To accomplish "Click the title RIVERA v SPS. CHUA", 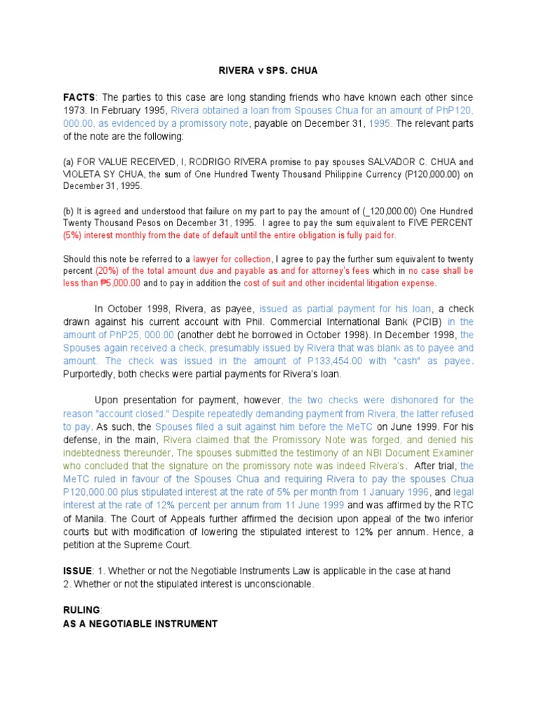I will (x=268, y=70).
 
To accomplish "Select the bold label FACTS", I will (x=78, y=97).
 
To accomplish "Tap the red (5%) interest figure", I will (x=73, y=235).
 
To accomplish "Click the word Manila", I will (x=85, y=518).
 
